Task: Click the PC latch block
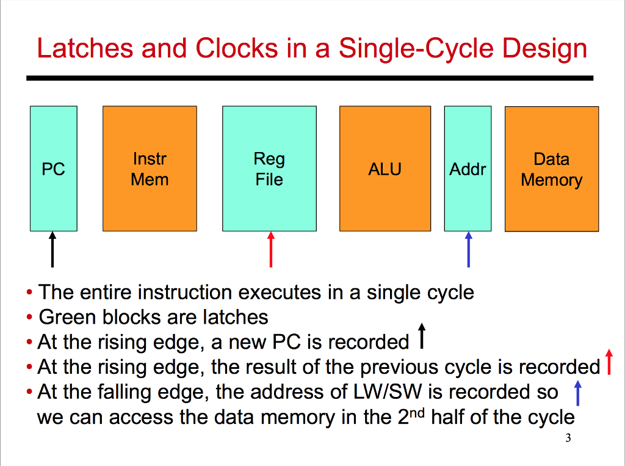click(53, 169)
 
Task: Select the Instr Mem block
click(150, 169)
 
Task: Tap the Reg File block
click(269, 169)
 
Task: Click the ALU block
click(385, 169)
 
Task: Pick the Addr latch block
click(468, 169)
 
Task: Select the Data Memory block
click(551, 169)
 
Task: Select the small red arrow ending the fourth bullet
click(608, 361)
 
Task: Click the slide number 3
click(568, 438)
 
